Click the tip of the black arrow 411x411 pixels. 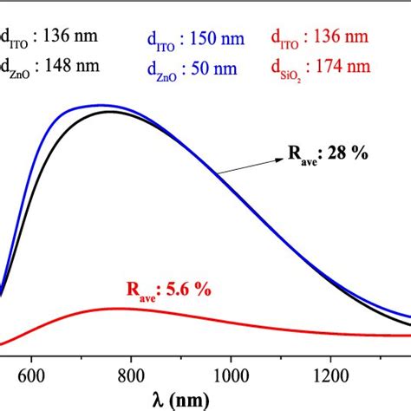217,174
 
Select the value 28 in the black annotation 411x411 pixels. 342,154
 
